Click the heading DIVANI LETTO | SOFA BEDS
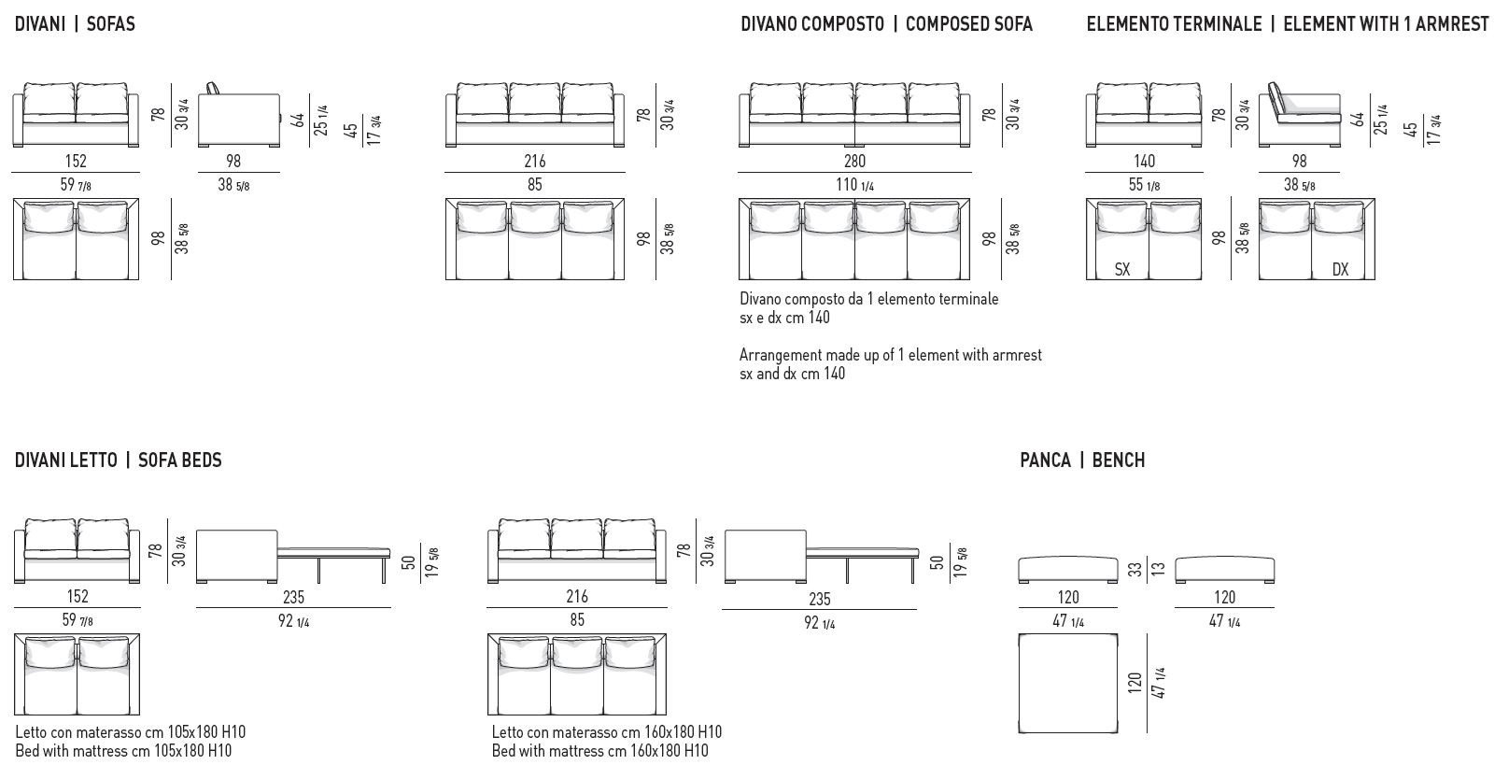(119, 460)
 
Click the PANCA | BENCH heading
(1082, 460)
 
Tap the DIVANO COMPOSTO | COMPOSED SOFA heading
(886, 24)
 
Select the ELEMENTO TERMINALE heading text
(1174, 24)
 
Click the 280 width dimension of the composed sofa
(853, 161)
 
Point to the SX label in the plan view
(1122, 269)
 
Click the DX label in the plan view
(1340, 269)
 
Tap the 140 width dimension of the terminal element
(1143, 161)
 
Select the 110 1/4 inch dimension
(853, 184)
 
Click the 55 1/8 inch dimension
(1143, 184)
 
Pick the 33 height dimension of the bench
(1135, 568)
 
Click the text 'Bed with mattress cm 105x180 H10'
(123, 750)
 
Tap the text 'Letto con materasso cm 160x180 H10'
(607, 731)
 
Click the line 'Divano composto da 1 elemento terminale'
(868, 299)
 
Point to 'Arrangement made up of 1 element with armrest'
(890, 355)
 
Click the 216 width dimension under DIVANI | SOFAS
(534, 161)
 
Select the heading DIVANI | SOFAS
(75, 24)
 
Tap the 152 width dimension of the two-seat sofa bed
(77, 596)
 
